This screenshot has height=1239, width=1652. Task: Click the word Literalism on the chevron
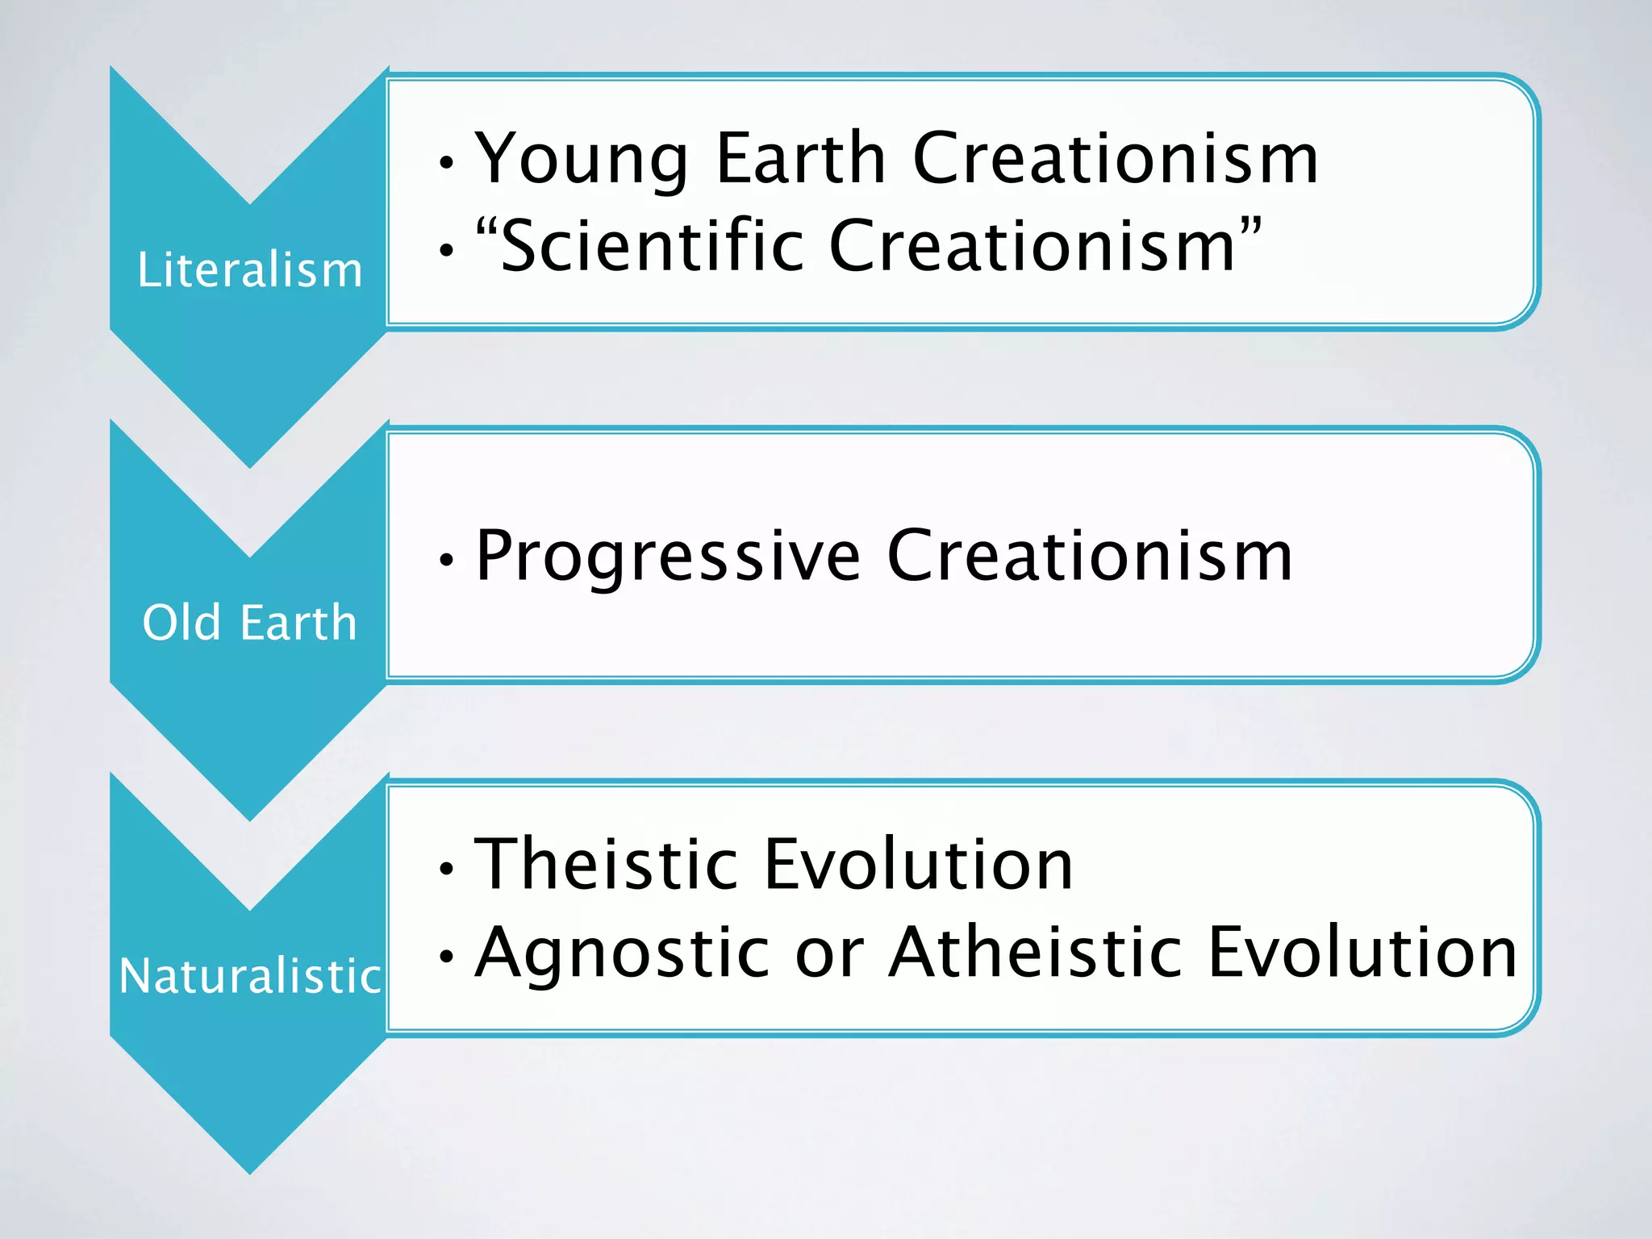[249, 269]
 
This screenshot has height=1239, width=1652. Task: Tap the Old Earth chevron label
[249, 623]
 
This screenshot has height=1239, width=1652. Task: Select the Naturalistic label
[249, 976]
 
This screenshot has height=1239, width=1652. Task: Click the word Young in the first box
[581, 160]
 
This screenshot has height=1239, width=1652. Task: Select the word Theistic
[605, 865]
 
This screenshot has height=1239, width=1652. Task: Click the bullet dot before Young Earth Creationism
[446, 164]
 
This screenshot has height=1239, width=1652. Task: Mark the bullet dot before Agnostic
[446, 957]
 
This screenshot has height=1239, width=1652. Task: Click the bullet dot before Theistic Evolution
[446, 869]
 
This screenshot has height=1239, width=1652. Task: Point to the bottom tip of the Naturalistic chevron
[250, 1171]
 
